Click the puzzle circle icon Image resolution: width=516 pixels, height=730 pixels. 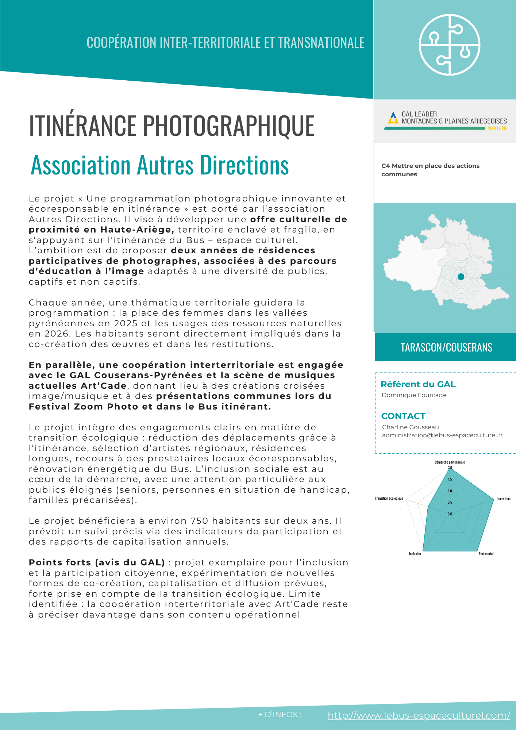pos(449,45)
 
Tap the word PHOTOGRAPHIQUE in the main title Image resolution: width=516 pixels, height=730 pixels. pos(228,126)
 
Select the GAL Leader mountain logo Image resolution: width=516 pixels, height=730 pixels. pos(393,118)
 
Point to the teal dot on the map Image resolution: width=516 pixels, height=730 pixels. pos(461,277)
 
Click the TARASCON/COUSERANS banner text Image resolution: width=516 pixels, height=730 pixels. pos(446,347)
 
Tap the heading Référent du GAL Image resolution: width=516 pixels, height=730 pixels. pos(418,384)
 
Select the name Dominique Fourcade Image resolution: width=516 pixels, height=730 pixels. pos(414,395)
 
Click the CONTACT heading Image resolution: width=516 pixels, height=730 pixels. pos(403,416)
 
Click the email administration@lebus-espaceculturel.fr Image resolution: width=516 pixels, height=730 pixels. pos(442,435)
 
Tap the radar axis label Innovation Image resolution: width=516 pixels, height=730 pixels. pos(503,499)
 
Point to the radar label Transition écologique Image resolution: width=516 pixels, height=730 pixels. pos(389,498)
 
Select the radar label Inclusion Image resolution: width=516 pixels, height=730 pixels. pos(415,554)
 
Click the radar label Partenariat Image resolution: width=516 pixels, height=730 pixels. pos(486,554)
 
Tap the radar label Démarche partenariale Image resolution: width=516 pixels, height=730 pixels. pos(450,462)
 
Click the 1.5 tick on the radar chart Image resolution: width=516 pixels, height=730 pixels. pos(450,479)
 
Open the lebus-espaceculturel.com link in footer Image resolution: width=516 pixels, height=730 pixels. pos(419,715)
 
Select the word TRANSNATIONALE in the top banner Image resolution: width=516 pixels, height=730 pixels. pos(321,43)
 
